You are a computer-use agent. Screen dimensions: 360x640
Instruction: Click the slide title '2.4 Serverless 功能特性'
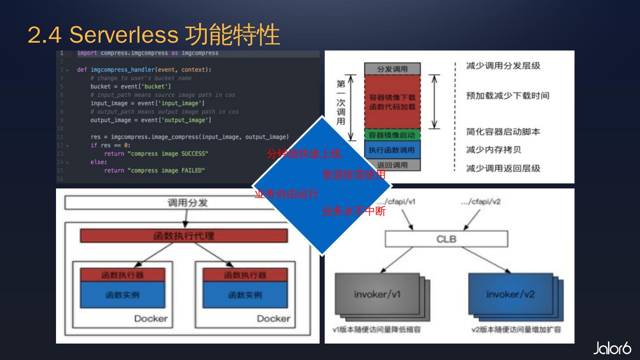point(153,35)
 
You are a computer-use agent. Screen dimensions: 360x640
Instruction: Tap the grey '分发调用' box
point(392,69)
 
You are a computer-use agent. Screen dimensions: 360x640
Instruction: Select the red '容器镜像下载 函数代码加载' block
point(392,102)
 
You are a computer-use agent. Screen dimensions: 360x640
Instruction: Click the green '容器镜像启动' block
point(392,135)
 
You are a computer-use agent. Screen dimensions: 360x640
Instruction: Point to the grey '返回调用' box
point(392,165)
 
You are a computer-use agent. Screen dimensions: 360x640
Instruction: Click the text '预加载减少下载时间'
point(507,96)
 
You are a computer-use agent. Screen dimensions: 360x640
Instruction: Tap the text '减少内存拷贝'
point(493,150)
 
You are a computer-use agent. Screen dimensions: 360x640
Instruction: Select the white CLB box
point(446,239)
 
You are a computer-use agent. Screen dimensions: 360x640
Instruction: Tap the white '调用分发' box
point(187,203)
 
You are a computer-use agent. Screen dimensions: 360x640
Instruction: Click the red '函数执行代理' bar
point(184,236)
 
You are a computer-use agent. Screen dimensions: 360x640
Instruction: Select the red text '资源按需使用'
point(354,175)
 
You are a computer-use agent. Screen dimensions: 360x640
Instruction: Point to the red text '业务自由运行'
point(286,194)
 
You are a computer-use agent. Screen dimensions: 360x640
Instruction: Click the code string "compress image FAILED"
point(166,171)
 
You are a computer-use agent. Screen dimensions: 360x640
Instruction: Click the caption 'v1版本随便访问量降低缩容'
point(377,330)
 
